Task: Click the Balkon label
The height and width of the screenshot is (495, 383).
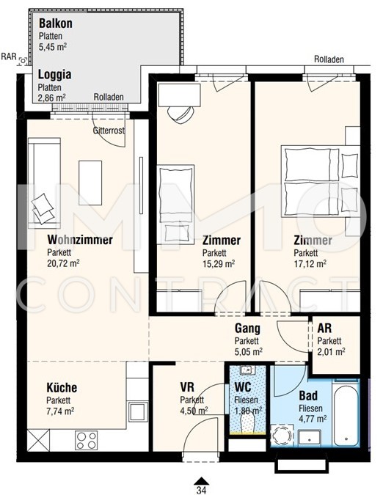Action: tap(56, 23)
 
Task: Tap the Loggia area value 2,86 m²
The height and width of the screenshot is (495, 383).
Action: tap(52, 98)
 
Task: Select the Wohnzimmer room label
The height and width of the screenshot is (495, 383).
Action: tap(80, 240)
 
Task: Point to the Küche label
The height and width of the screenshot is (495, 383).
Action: tap(62, 388)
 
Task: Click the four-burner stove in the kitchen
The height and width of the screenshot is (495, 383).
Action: tap(86, 441)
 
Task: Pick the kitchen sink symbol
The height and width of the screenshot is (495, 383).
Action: tap(138, 411)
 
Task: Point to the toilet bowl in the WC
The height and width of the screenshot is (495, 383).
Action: tap(247, 422)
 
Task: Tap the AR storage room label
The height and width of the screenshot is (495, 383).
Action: tap(324, 329)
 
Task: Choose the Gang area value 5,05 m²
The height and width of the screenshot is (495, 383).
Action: tap(249, 352)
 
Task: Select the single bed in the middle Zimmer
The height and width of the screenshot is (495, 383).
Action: tap(175, 204)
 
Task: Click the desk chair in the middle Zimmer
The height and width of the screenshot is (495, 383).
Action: tap(180, 114)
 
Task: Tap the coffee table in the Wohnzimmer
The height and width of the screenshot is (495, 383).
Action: tap(90, 183)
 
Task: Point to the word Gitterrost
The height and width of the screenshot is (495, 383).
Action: tap(109, 131)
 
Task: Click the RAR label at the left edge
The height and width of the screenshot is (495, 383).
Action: tap(9, 56)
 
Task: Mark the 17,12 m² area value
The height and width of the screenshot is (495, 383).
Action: tap(310, 264)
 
